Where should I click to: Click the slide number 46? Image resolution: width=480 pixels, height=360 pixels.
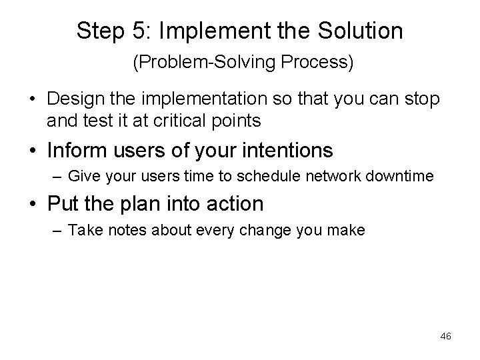(445, 337)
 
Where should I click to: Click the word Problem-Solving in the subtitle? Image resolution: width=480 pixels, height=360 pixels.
(209, 63)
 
